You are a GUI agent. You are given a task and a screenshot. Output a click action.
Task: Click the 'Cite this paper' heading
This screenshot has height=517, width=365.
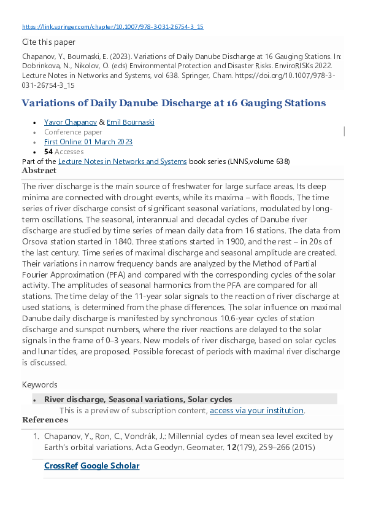(48, 42)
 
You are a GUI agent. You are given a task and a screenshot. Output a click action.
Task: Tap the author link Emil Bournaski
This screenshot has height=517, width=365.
(131, 122)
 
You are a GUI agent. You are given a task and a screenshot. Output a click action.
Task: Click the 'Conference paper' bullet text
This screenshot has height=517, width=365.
(73, 132)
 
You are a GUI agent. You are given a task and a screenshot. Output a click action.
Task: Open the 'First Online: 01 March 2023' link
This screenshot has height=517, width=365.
(88, 142)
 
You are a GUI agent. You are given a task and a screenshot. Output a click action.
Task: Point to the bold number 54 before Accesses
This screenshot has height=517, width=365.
(48, 152)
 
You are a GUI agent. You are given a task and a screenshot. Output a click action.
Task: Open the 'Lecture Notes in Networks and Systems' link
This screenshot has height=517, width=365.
(122, 161)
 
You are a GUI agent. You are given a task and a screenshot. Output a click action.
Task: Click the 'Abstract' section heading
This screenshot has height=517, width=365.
(39, 171)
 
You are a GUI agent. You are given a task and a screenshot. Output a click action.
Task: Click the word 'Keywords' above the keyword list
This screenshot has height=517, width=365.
(39, 385)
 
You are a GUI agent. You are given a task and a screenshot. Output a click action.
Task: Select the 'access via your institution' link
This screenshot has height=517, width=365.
(256, 411)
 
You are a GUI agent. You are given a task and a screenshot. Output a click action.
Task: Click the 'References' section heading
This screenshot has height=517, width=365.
(45, 420)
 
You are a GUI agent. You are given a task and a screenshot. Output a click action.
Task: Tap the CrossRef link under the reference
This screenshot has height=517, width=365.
(61, 466)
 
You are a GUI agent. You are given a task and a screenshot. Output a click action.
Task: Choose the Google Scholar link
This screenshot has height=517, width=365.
(110, 466)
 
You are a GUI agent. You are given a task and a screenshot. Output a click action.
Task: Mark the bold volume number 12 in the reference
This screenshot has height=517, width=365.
(231, 447)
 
